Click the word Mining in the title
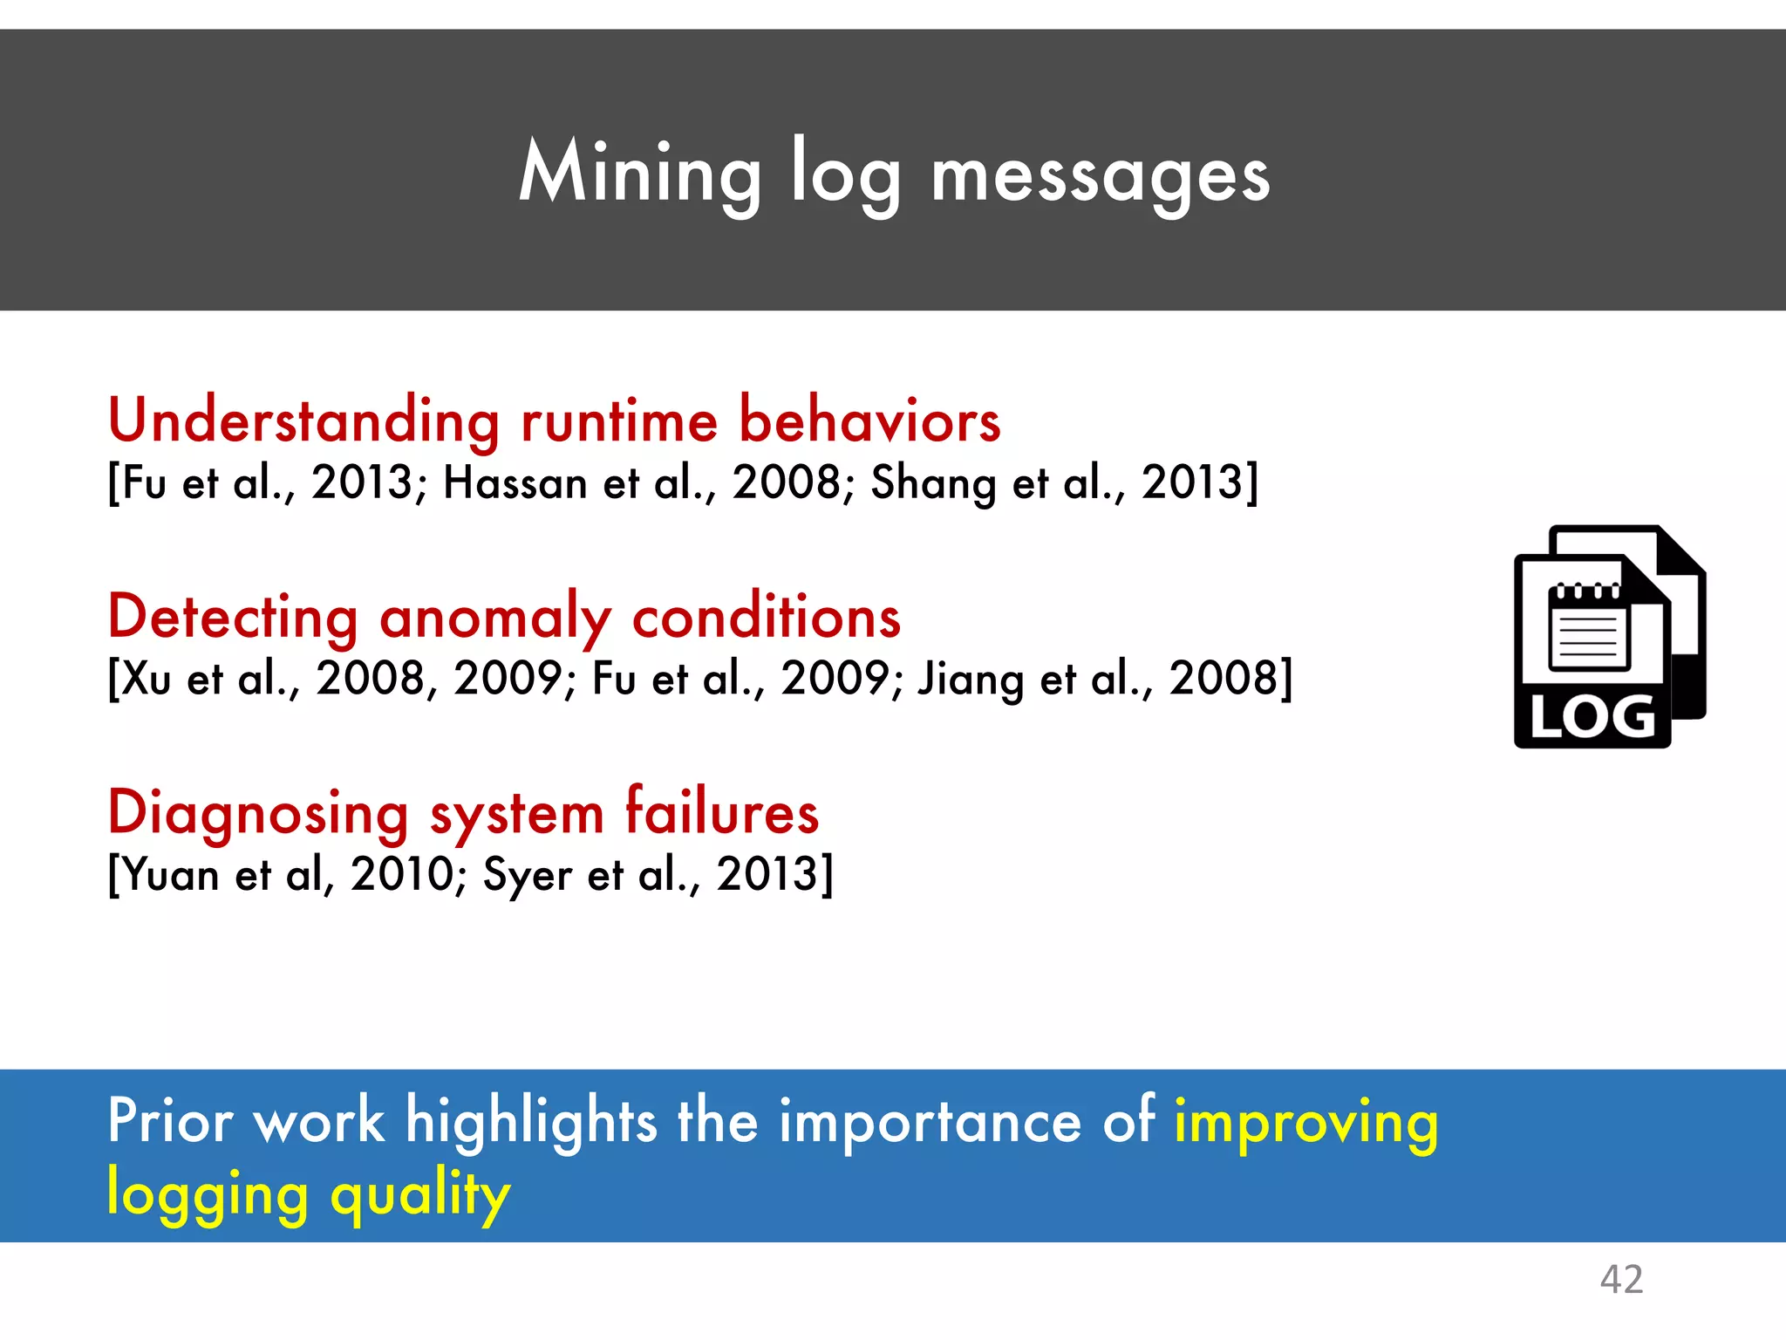639,174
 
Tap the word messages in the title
1100,177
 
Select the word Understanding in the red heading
303,420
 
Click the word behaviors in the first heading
869,420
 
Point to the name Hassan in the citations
515,482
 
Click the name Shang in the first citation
932,482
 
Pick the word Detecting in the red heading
233,617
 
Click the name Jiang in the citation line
970,679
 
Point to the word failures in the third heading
722,811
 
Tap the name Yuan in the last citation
171,874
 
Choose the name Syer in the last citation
527,875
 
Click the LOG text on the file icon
1592,718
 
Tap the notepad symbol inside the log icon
1589,627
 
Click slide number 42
1621,1280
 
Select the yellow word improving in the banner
1305,1123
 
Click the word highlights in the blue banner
530,1123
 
